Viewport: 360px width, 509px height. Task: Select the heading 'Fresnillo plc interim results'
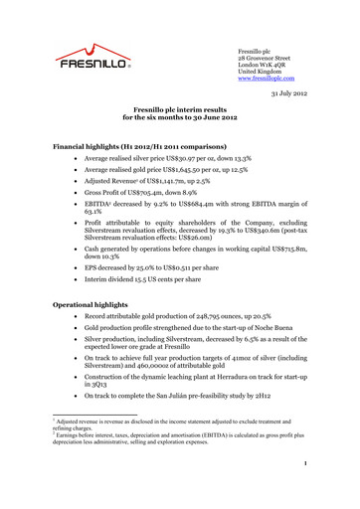[179, 118]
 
